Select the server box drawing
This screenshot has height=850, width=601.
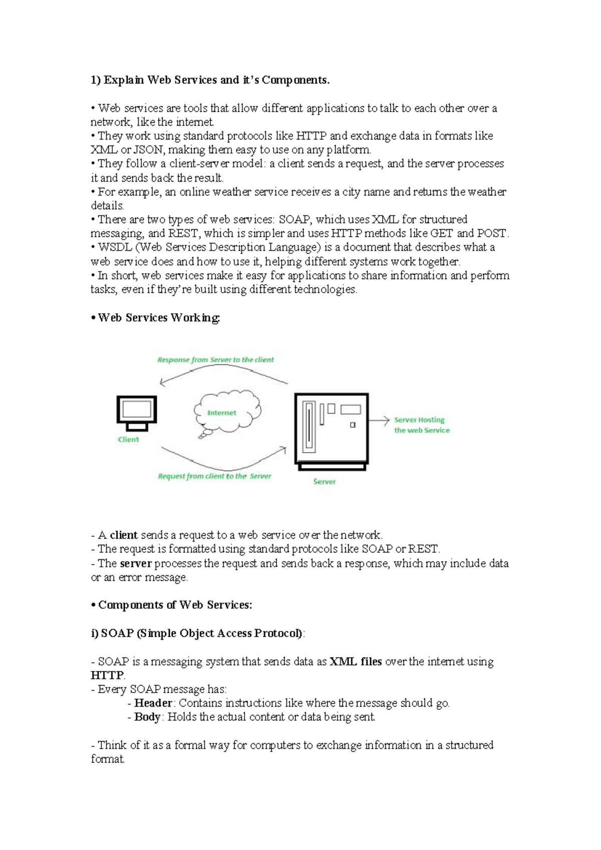point(332,430)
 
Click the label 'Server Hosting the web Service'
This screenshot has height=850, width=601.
point(422,425)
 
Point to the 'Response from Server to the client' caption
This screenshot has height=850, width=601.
point(215,360)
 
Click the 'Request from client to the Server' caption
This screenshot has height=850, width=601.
point(214,476)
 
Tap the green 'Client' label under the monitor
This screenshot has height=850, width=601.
point(129,440)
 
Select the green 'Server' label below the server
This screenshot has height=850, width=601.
point(324,482)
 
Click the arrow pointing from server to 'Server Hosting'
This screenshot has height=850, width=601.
point(379,420)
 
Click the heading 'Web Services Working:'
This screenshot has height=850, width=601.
point(159,318)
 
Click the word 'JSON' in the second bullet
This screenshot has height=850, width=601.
point(148,150)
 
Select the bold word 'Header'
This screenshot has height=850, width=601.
point(153,703)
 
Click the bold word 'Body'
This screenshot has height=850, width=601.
point(147,717)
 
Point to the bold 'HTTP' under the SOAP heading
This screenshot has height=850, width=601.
point(107,676)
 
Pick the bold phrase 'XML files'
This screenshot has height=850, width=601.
point(356,662)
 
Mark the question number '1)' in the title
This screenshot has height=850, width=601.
point(96,80)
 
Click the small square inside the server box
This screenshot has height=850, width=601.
point(353,425)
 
